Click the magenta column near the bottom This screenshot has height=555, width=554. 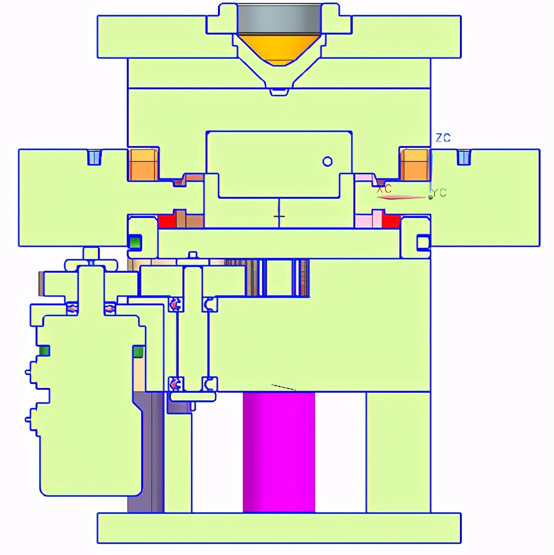point(279,452)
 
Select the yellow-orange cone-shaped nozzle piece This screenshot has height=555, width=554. point(279,49)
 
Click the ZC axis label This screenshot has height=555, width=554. point(443,137)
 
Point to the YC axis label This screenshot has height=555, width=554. point(439,193)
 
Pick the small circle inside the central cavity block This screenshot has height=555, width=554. point(327,161)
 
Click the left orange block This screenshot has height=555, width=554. point(144,165)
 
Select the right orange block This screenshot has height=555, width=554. point(414,165)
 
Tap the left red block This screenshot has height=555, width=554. point(167,221)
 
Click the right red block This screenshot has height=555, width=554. point(391,221)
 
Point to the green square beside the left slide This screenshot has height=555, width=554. point(135,243)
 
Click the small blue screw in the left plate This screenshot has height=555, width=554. point(94,157)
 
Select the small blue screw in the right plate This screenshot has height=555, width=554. point(464,157)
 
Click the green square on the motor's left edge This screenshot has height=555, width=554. point(44,351)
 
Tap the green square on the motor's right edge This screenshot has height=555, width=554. point(138,352)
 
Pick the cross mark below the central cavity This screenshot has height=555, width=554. point(279,216)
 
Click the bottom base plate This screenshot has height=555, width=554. point(279,528)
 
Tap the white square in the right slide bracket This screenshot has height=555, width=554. point(423,243)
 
